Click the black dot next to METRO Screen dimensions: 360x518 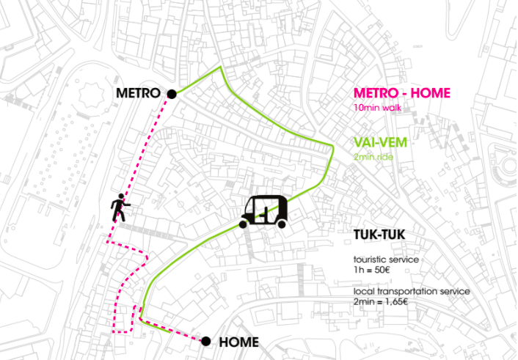click(172, 94)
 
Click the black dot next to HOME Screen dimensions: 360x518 click(206, 341)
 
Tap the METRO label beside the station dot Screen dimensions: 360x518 click(137, 94)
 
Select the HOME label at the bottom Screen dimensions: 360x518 click(238, 342)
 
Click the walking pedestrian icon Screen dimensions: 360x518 click(120, 210)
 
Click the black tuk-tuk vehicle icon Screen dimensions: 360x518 click(266, 211)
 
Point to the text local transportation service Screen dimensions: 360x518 click(412, 292)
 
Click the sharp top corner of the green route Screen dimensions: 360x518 click(220, 67)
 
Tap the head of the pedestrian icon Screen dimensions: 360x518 click(120, 200)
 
